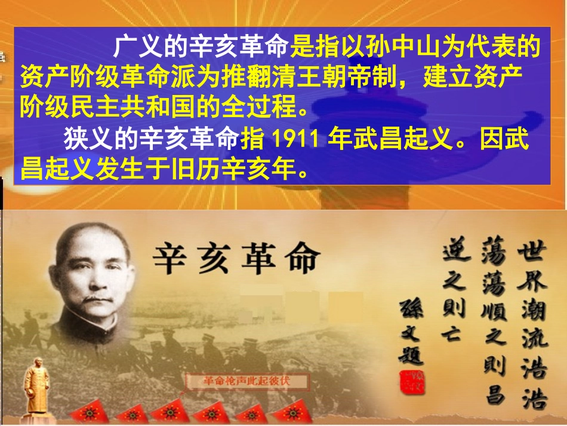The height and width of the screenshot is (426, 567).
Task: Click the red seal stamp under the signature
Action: point(411,382)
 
